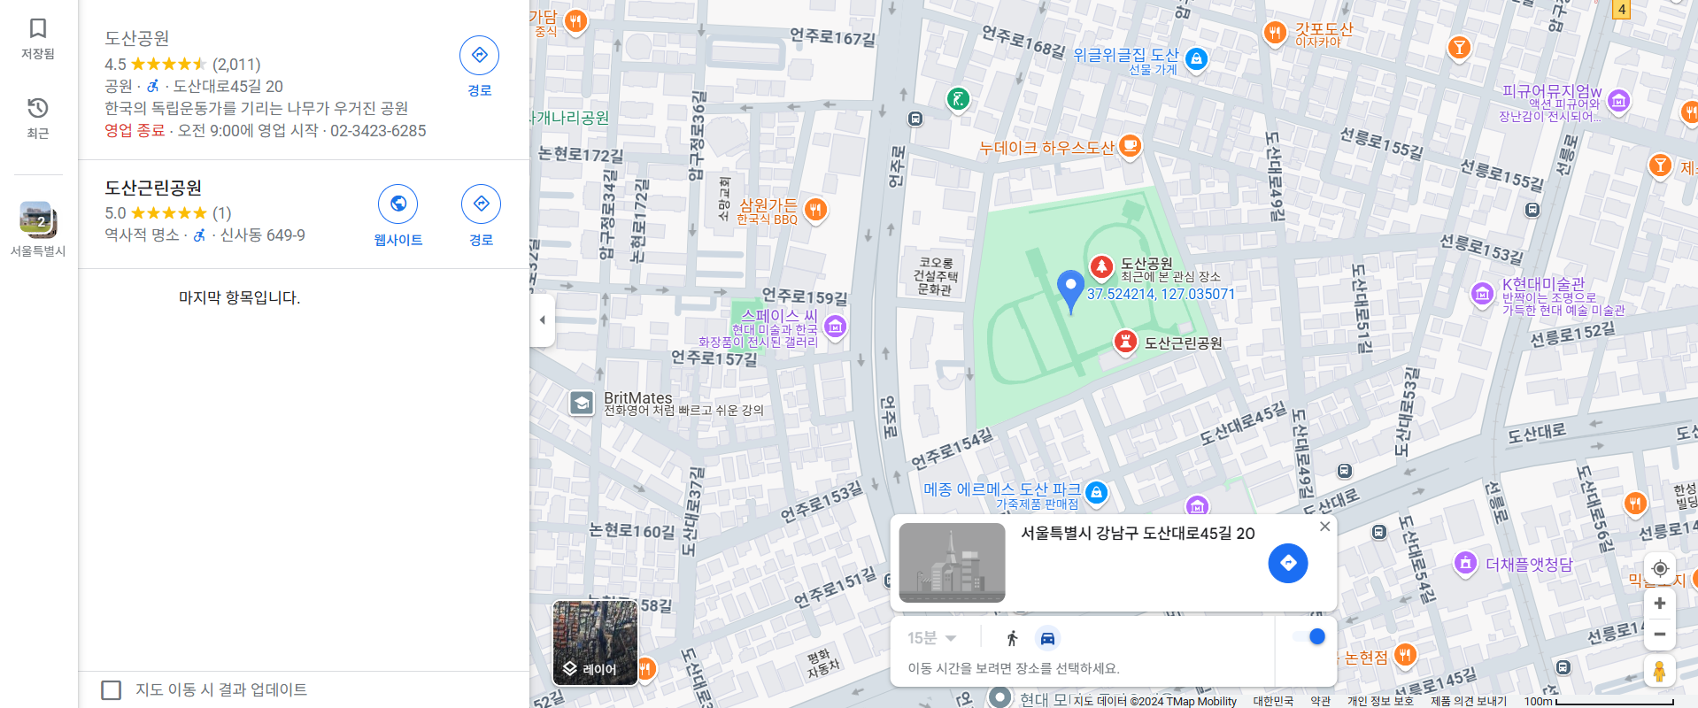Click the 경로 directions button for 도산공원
(479, 56)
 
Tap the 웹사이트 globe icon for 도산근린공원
(398, 204)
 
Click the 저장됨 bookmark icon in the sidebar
(38, 28)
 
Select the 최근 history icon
(38, 109)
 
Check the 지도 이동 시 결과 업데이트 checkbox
(112, 689)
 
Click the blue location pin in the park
(1070, 289)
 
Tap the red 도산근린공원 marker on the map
(1124, 342)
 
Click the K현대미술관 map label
(1543, 284)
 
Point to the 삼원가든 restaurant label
(768, 206)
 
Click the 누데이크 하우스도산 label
(1046, 148)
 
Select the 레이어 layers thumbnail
(595, 643)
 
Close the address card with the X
(1324, 527)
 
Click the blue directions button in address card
(1287, 563)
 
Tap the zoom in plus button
(1660, 604)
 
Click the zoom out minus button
(1660, 635)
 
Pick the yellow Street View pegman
(1660, 671)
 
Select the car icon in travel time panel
(1047, 638)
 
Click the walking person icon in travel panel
(1013, 638)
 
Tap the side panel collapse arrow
(543, 320)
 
